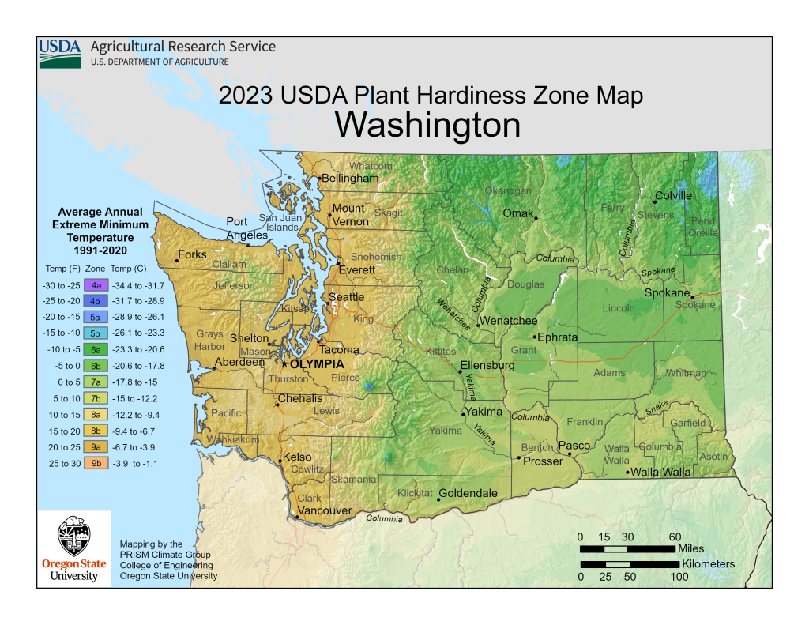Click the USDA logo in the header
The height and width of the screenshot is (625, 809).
tap(60, 52)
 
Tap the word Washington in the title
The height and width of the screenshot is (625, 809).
tap(427, 125)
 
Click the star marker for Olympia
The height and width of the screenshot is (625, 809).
tap(284, 364)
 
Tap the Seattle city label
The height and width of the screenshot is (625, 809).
tap(346, 297)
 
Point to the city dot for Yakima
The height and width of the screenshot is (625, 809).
tap(464, 413)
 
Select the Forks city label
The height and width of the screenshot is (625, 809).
tap(192, 254)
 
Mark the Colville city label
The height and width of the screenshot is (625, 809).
tap(673, 196)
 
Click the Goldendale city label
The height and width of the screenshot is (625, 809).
tap(468, 493)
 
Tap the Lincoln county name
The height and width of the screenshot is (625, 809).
tap(619, 307)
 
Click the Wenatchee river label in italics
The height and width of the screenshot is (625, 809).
tap(454, 314)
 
